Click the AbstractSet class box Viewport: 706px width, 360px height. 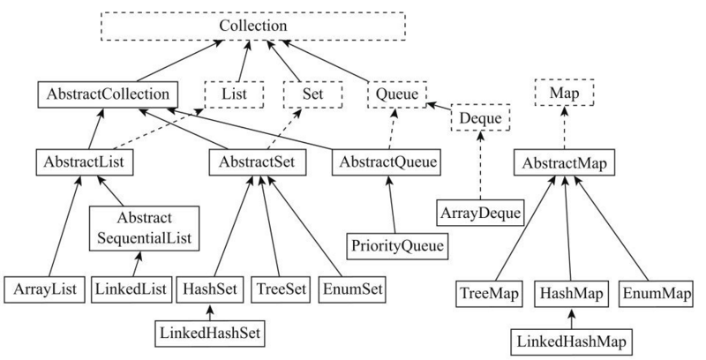click(258, 162)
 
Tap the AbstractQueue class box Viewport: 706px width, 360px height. click(386, 162)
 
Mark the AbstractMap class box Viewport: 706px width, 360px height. click(565, 162)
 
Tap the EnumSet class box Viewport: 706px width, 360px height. click(352, 289)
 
